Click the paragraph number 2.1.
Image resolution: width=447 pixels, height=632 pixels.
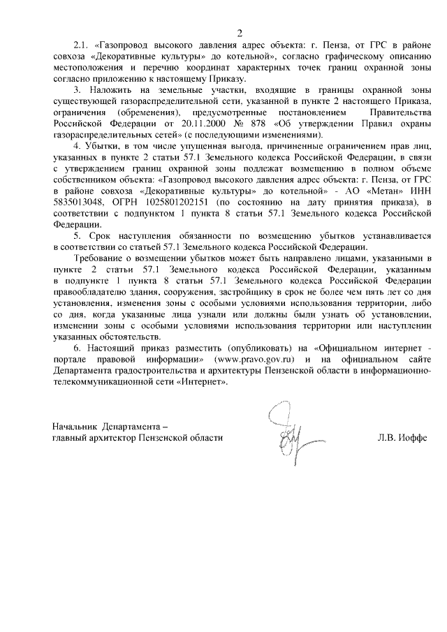pyautogui.click(x=82, y=45)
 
